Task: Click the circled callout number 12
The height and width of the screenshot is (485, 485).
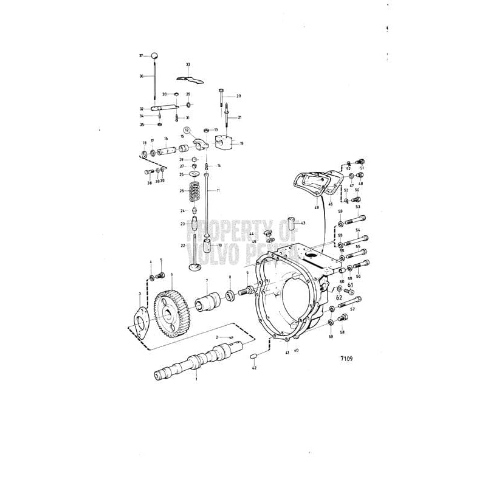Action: coord(187,130)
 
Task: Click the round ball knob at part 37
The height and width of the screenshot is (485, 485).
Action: coord(156,56)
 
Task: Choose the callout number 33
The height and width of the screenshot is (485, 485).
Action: coord(188,64)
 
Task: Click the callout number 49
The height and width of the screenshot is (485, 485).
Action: coord(316,207)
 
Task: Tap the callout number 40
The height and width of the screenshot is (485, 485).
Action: coord(297,351)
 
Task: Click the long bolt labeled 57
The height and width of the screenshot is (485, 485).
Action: coord(350,301)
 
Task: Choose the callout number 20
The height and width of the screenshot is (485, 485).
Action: coord(238,96)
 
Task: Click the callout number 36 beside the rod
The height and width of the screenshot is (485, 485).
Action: coord(141,76)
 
